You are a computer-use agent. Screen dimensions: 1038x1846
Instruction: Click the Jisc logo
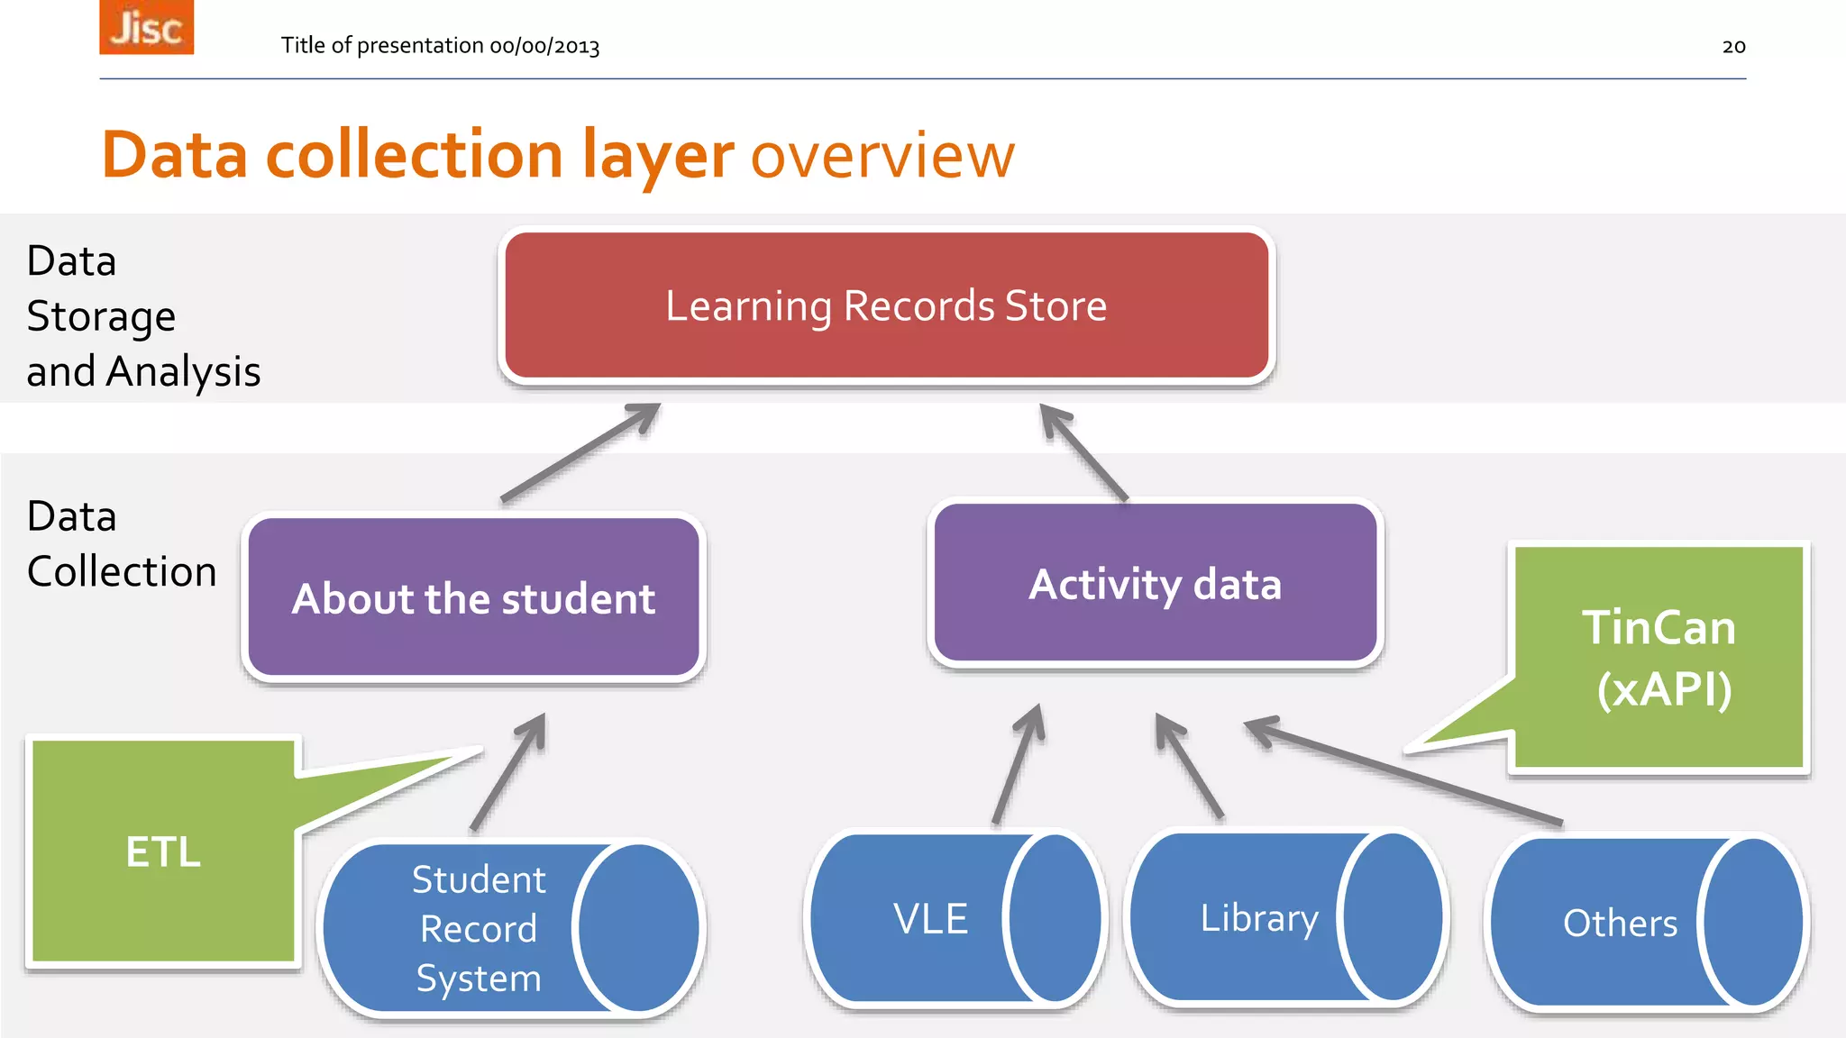tap(146, 27)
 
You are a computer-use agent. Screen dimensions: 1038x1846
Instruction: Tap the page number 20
tap(1733, 47)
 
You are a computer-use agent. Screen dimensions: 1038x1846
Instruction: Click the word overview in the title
tap(882, 155)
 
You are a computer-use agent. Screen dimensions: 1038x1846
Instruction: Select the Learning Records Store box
tap(886, 305)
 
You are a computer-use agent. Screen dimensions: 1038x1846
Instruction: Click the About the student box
tap(473, 598)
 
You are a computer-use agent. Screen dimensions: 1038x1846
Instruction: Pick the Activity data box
tap(1155, 584)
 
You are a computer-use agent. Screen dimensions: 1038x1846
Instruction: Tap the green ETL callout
tap(163, 851)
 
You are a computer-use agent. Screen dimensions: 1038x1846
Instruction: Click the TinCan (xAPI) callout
tap(1659, 658)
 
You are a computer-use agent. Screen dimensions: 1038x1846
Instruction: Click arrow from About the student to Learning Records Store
tap(581, 451)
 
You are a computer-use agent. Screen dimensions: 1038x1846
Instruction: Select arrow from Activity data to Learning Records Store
tap(1083, 452)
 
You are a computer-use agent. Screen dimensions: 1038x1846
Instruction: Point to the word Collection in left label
tap(122, 571)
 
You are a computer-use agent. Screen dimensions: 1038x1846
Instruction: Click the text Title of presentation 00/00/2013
tap(440, 46)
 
